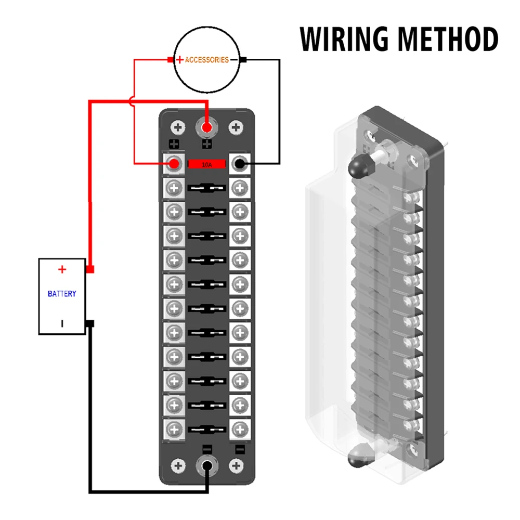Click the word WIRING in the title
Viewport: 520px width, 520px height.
click(344, 39)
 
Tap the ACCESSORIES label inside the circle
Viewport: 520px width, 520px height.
click(206, 60)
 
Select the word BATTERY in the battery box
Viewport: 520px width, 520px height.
click(62, 293)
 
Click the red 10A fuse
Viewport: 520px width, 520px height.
click(206, 164)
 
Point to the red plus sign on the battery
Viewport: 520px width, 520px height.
click(62, 269)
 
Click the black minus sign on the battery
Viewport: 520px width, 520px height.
click(62, 323)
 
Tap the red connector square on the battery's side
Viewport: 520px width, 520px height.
click(90, 269)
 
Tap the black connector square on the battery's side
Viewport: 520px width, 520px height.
click(90, 323)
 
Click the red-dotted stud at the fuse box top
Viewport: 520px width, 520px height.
click(206, 128)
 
